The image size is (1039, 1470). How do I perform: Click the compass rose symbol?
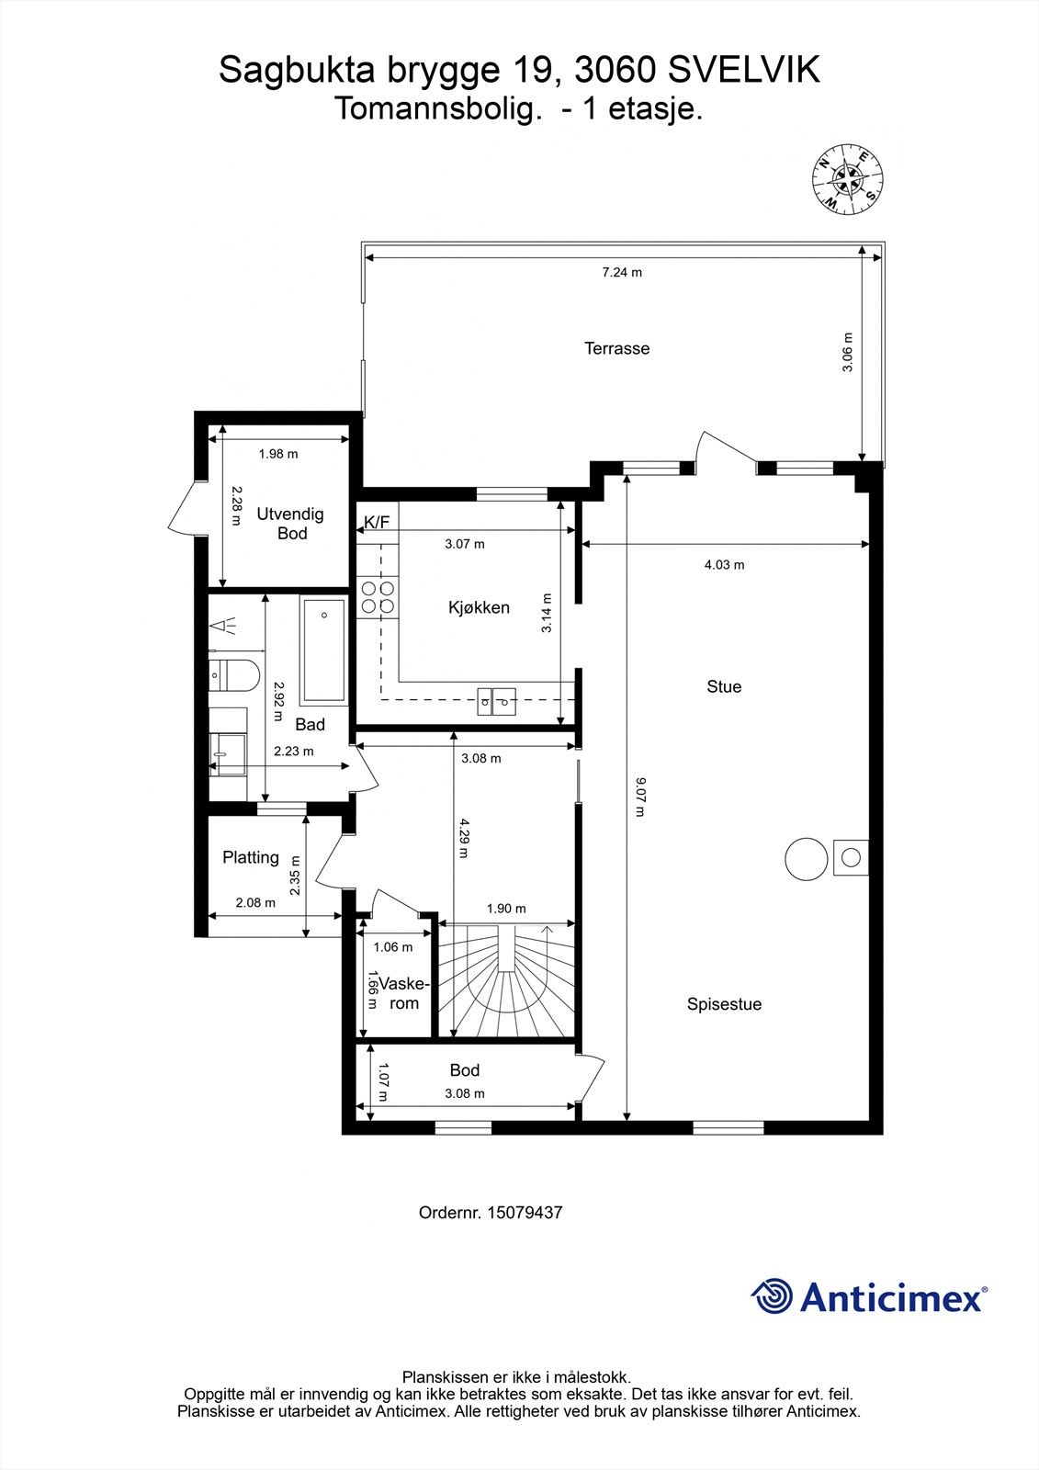click(847, 180)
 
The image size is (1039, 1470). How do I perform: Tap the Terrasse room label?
click(617, 348)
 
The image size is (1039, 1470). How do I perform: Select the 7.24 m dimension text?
click(622, 272)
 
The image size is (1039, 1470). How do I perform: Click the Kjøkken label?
click(480, 607)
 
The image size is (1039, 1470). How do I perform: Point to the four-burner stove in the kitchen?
click(378, 597)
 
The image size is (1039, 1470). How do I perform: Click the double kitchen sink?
click(496, 701)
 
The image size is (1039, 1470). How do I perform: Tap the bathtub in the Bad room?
click(323, 650)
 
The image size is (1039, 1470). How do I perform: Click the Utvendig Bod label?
click(290, 523)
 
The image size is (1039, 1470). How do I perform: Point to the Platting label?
click(251, 857)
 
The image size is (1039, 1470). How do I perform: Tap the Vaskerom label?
click(403, 993)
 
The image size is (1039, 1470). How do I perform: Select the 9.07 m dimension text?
click(640, 797)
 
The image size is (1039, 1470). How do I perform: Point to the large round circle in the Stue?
click(806, 858)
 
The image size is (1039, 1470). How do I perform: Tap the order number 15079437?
click(525, 1212)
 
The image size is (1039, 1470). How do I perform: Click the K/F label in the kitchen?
click(377, 522)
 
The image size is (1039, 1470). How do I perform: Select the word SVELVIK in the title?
click(743, 70)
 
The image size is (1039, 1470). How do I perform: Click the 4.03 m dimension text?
click(725, 564)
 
